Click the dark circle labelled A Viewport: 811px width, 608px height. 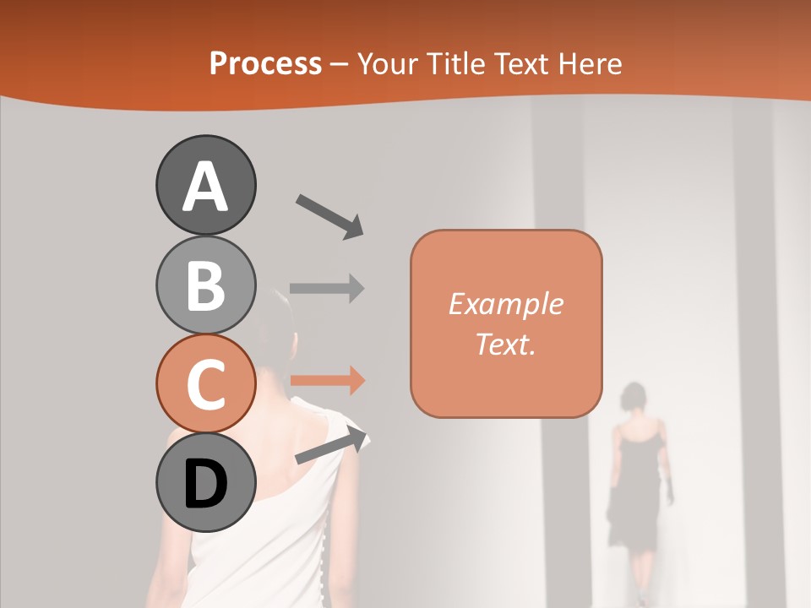(205, 185)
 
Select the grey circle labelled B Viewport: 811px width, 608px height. (205, 285)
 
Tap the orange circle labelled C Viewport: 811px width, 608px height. (205, 384)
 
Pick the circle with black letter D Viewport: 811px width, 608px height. (205, 484)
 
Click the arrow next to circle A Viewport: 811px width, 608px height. (329, 215)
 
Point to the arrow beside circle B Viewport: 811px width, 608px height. (327, 288)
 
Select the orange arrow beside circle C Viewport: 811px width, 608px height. (327, 381)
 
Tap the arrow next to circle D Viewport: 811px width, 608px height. (331, 447)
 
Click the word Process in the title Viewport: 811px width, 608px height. (265, 63)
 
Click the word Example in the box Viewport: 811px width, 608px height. (505, 304)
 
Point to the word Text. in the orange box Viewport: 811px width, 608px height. (505, 345)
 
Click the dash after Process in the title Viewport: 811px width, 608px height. (340, 65)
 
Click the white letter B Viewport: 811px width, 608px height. (205, 285)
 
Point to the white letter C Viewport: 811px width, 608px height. (205, 384)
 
